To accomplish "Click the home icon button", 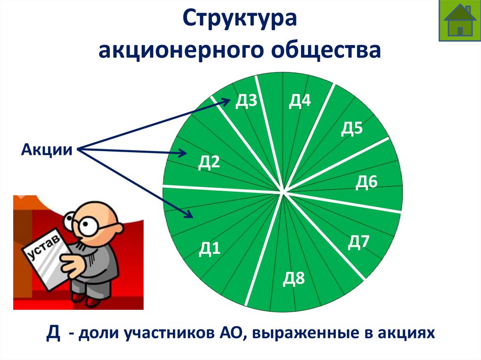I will [460, 21].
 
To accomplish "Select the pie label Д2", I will [209, 162].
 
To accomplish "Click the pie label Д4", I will [300, 101].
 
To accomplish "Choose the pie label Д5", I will [351, 128].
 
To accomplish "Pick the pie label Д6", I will [366, 182].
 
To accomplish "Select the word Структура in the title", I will [240, 21].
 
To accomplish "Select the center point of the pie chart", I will [283, 192].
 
